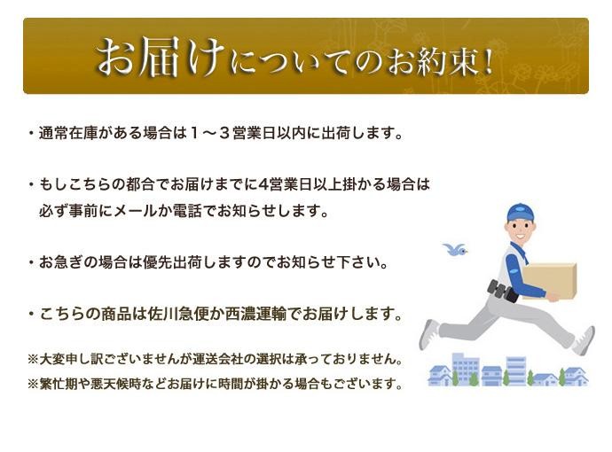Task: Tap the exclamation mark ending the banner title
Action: pyautogui.click(x=485, y=59)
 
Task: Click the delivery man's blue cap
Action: pyautogui.click(x=521, y=213)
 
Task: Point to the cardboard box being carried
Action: pyautogui.click(x=550, y=280)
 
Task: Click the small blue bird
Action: pyautogui.click(x=455, y=249)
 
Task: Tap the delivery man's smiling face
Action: pyautogui.click(x=522, y=230)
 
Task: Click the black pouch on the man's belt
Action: pyautogui.click(x=502, y=291)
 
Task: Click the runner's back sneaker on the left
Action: pyautogui.click(x=428, y=334)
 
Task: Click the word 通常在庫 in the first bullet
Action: pyautogui.click(x=68, y=133)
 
